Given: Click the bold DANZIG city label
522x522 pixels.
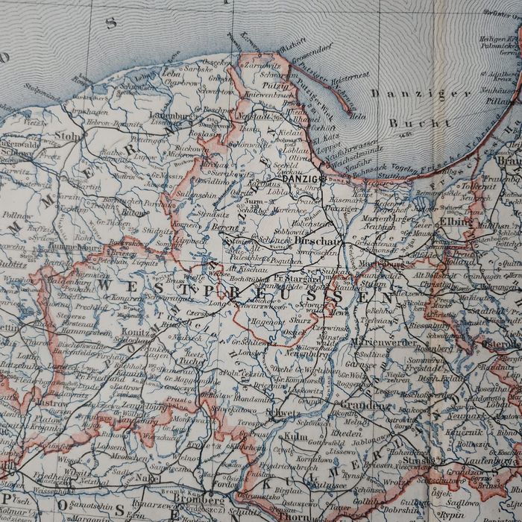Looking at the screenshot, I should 301,178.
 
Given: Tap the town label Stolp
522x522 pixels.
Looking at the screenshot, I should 68,136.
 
